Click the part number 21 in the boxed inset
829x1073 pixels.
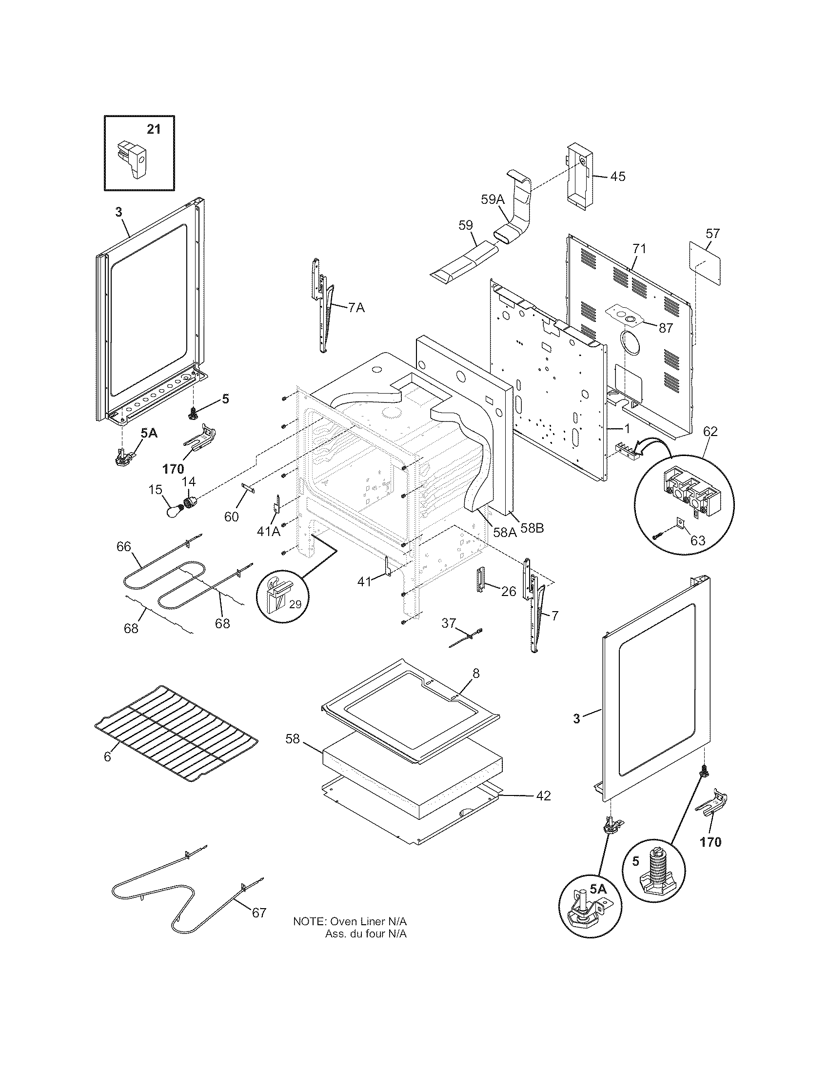(153, 129)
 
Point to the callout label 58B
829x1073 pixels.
(532, 529)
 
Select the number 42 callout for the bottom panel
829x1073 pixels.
(543, 795)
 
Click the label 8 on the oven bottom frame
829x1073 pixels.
(475, 673)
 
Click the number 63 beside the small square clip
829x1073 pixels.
(697, 541)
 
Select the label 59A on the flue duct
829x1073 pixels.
(493, 199)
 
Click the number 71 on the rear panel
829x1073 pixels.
(638, 249)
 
